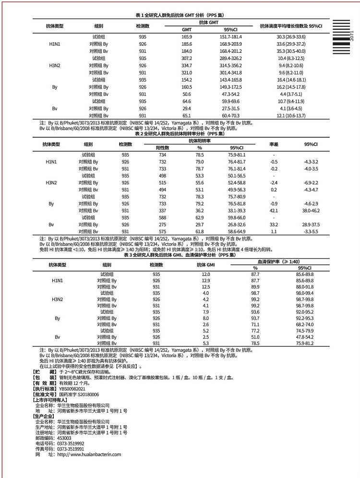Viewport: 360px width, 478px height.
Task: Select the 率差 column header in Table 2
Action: pyautogui.click(x=274, y=144)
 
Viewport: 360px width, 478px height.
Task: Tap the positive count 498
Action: pyautogui.click(x=163, y=176)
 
